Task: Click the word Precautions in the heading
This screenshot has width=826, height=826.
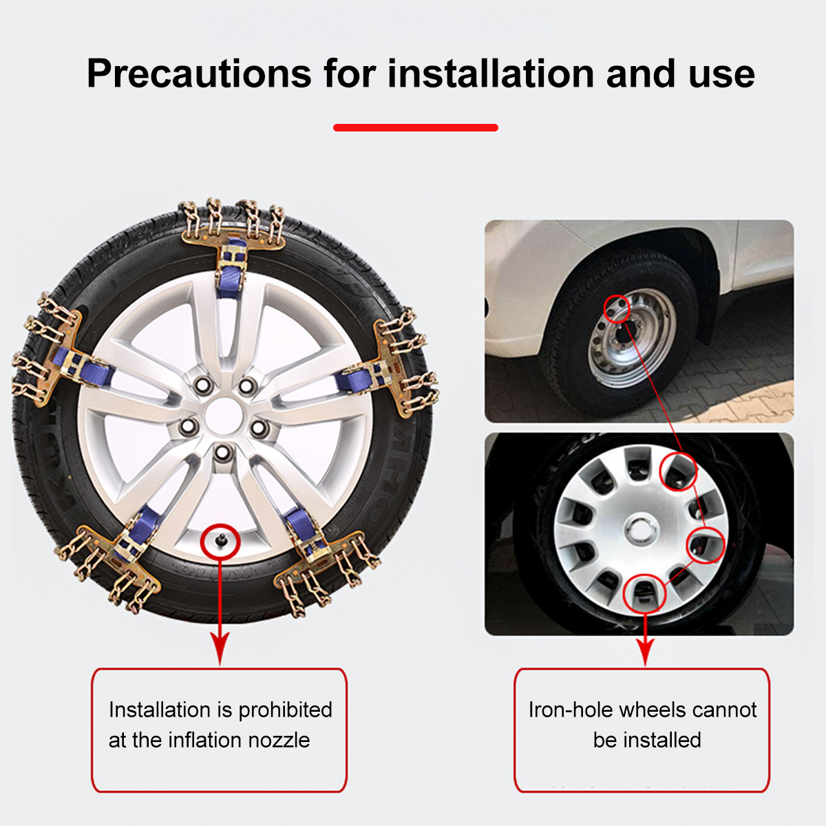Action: point(199,73)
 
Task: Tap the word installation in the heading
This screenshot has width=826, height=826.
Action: point(491,73)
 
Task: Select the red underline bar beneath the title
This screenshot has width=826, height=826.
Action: point(415,127)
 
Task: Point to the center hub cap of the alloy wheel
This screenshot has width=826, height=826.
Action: point(222,415)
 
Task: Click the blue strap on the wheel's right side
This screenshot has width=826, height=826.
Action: point(361,377)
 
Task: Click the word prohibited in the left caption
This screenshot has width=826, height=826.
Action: point(285,710)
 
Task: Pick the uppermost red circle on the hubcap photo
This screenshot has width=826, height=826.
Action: point(679,472)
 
